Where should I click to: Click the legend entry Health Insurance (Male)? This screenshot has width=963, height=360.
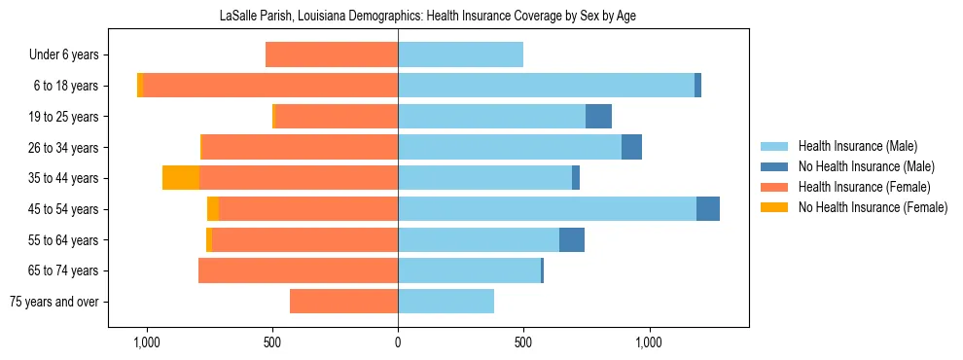tap(857, 146)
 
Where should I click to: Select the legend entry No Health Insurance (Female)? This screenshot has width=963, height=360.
tap(873, 207)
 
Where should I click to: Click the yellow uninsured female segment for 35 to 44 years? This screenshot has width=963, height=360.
tap(181, 178)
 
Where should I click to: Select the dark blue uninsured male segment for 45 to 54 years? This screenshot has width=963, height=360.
tap(708, 209)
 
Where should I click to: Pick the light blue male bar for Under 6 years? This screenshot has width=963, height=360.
tap(460, 55)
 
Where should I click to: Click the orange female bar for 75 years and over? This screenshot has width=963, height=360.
tap(343, 302)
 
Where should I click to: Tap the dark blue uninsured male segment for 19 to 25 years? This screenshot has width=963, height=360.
tap(598, 117)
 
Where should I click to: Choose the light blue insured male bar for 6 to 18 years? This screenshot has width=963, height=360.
tap(546, 86)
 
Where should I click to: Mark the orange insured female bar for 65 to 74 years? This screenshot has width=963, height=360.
tap(298, 270)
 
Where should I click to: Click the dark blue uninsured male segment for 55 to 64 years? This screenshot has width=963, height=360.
tap(572, 240)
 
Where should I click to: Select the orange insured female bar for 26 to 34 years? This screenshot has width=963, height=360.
tap(300, 148)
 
